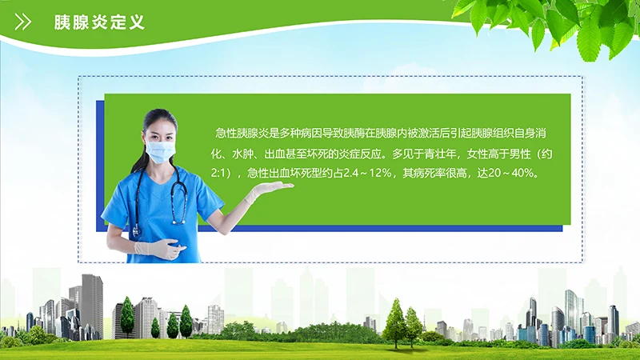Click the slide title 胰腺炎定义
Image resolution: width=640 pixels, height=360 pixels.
[x=99, y=22]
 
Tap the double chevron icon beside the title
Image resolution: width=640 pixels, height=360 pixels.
[x=24, y=22]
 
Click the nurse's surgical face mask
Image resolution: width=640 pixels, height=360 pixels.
[x=160, y=150]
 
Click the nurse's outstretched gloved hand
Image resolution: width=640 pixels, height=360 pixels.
[x=269, y=190]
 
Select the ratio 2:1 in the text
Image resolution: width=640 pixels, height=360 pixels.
[x=222, y=173]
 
